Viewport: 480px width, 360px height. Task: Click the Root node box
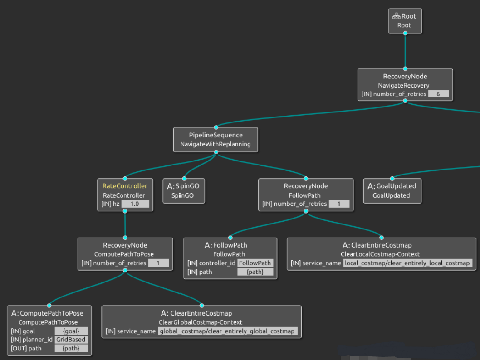point(405,21)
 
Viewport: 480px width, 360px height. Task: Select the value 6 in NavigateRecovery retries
point(438,94)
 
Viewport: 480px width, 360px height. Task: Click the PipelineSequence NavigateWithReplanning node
point(216,140)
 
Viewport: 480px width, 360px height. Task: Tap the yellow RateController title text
point(125,186)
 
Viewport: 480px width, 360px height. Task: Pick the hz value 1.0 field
point(135,204)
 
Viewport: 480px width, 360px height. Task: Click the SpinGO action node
point(184,190)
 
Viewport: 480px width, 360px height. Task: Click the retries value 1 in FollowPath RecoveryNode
point(338,204)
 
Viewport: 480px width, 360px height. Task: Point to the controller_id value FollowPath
point(255,263)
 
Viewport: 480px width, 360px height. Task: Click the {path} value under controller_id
point(255,272)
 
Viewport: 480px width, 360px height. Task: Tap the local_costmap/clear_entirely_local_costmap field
point(407,263)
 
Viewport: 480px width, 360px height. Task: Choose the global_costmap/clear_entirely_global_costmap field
point(227,331)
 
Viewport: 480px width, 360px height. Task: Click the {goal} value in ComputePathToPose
point(71,331)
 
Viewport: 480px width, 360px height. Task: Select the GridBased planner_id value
point(71,340)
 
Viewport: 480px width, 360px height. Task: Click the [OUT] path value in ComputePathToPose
point(71,348)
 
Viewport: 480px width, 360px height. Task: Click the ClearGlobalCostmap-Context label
point(201,322)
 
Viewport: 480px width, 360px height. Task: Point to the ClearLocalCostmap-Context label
point(380,254)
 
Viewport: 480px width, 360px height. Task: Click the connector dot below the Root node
point(405,34)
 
